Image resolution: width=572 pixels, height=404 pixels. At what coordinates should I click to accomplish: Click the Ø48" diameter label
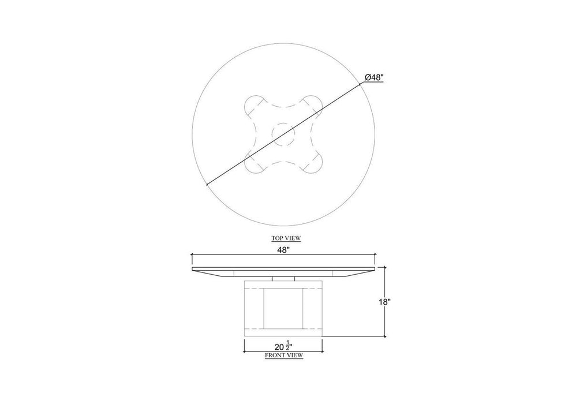(374, 77)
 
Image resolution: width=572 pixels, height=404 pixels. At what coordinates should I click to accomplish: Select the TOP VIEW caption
(286, 238)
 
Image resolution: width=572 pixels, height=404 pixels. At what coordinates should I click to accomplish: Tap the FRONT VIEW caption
(284, 355)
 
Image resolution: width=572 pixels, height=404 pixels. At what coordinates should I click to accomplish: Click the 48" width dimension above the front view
(283, 250)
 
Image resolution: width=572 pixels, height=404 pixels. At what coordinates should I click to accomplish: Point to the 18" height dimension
(385, 302)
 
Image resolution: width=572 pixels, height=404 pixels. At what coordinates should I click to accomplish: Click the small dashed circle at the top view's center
(283, 134)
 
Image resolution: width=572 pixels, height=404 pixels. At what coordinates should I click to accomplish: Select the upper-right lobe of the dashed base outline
(313, 106)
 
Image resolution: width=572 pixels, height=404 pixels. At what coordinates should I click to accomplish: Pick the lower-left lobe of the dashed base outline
(253, 163)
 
